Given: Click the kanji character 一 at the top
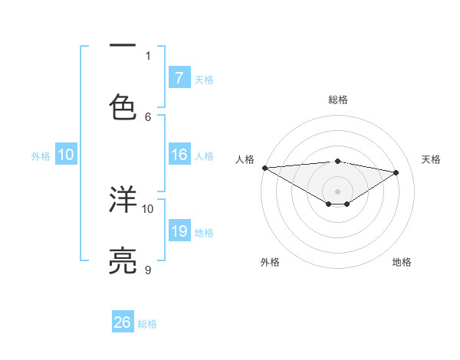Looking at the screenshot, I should pyautogui.click(x=123, y=46).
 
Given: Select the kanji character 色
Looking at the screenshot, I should pyautogui.click(x=123, y=106).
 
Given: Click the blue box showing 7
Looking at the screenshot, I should pyautogui.click(x=179, y=77).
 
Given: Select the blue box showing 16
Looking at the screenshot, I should pyautogui.click(x=179, y=155).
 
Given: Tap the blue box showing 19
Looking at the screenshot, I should pyautogui.click(x=179, y=231).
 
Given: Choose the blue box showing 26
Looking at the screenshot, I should pyautogui.click(x=123, y=322).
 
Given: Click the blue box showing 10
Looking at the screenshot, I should pyautogui.click(x=66, y=155).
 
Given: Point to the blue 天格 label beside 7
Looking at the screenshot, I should pyautogui.click(x=204, y=79).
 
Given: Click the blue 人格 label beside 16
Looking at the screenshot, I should pyautogui.click(x=204, y=156).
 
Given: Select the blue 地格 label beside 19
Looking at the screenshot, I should pyautogui.click(x=204, y=233).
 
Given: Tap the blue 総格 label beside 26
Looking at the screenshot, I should pyautogui.click(x=148, y=324).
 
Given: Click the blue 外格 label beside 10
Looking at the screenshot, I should pyautogui.click(x=41, y=156).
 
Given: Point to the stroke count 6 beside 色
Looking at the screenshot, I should pyautogui.click(x=148, y=116).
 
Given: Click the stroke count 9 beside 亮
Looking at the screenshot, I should pyautogui.click(x=148, y=270).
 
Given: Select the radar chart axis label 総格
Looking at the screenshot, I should pyautogui.click(x=337, y=100).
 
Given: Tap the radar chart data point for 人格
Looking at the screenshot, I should pyautogui.click(x=264, y=168).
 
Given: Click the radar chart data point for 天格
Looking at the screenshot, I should pyautogui.click(x=396, y=172).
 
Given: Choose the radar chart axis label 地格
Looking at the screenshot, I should pyautogui.click(x=402, y=262).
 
